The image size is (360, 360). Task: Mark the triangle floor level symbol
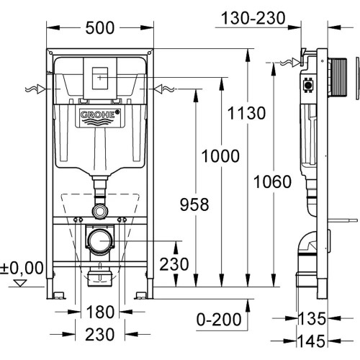19,284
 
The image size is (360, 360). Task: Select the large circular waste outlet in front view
99,239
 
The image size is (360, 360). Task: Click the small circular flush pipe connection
99,212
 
